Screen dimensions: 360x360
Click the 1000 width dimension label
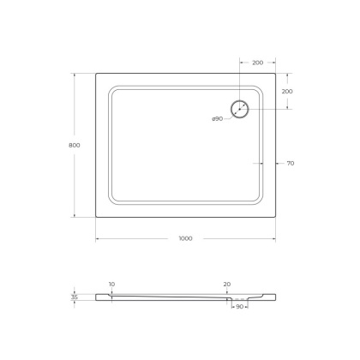(x=185, y=237)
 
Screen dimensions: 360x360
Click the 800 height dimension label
(x=75, y=146)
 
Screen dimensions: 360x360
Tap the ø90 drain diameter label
(x=219, y=117)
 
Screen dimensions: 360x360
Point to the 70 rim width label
(x=291, y=163)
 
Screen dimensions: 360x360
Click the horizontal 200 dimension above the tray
(x=257, y=63)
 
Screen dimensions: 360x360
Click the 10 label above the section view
(x=111, y=284)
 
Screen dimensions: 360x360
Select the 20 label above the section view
(x=226, y=284)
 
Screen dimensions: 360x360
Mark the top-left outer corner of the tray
(x=94, y=72)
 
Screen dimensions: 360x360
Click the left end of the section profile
(x=96, y=297)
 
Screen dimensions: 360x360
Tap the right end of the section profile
(x=274, y=297)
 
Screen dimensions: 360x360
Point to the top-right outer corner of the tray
(x=275, y=72)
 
